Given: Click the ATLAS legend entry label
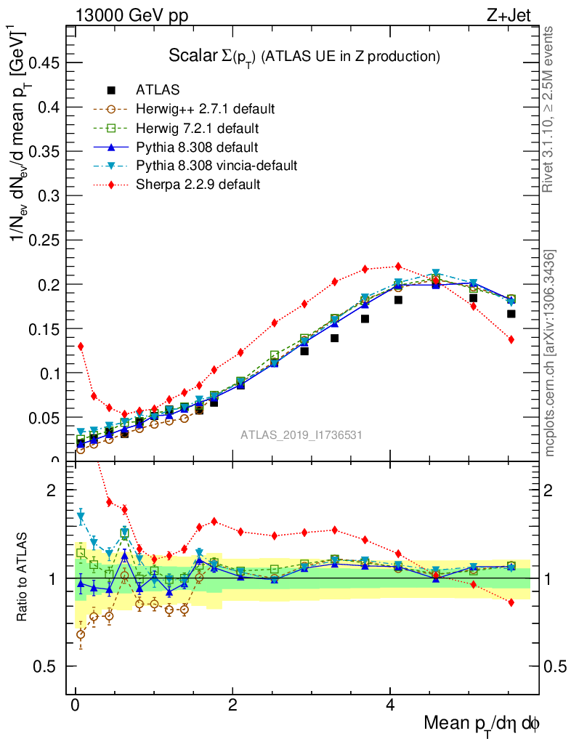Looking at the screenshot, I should pos(158,90).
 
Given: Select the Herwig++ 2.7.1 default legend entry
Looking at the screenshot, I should pos(205,109).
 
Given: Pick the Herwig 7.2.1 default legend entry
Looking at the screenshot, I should pos(198,128).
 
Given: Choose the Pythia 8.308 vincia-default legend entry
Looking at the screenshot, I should pos(216,166).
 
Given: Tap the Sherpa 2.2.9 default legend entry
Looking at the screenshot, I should pos(198,185).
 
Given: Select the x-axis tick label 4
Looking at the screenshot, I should pos(390,705).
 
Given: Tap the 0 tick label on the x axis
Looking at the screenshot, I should pos(76,705).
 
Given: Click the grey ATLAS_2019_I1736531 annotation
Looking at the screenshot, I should pos(301,434).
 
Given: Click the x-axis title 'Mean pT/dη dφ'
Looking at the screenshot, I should pos(482,724).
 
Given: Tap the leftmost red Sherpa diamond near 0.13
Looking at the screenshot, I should pos(81,346).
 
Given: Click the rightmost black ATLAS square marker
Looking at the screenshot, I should pos(511,314).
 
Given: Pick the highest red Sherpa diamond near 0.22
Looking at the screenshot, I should pos(398,266).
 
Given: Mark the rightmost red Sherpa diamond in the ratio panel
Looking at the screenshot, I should pos(511,602).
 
